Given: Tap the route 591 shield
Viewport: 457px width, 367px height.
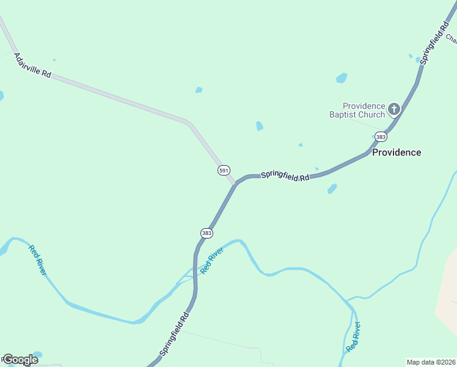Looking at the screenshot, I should pyautogui.click(x=224, y=169).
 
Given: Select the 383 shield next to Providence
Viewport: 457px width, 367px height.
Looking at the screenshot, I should pyautogui.click(x=381, y=136).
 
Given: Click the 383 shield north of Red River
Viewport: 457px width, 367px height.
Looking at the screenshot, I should pyautogui.click(x=207, y=233).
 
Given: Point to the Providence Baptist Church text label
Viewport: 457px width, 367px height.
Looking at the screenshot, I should pyautogui.click(x=364, y=110).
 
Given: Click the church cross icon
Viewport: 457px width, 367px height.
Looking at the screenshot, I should pyautogui.click(x=394, y=109).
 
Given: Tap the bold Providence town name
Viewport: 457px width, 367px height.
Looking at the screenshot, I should pyautogui.click(x=397, y=152).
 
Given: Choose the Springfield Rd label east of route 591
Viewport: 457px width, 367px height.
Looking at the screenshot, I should pyautogui.click(x=285, y=176).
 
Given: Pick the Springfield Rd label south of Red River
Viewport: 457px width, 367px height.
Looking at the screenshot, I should pyautogui.click(x=175, y=334).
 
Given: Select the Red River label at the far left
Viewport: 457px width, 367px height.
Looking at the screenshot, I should pyautogui.click(x=37, y=259).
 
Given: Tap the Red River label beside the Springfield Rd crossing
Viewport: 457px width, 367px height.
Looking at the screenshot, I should pyautogui.click(x=210, y=261).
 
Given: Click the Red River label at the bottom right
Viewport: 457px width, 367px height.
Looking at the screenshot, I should pyautogui.click(x=353, y=336).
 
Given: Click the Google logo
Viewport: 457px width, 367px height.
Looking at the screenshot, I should pyautogui.click(x=21, y=360).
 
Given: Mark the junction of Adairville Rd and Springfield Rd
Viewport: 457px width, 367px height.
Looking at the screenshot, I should pyautogui.click(x=235, y=183).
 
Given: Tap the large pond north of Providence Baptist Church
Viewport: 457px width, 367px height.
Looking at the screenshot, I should pyautogui.click(x=342, y=78).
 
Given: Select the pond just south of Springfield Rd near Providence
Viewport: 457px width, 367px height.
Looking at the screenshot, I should pyautogui.click(x=332, y=188).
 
